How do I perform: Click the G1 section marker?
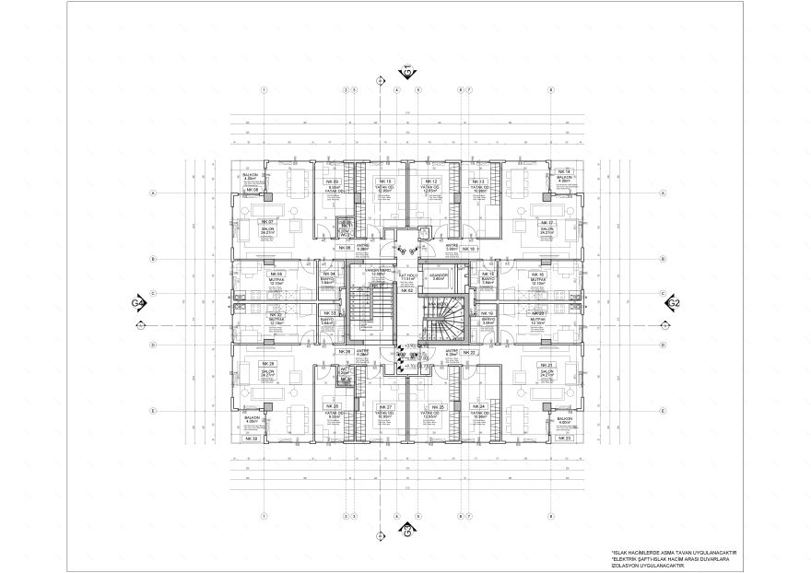406,71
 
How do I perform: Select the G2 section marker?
674,302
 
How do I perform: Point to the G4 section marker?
138,302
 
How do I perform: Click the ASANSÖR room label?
440,275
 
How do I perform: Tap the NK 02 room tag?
406,289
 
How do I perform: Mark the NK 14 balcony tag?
564,172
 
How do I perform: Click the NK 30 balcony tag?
250,439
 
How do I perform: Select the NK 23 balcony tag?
564,439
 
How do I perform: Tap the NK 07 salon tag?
266,223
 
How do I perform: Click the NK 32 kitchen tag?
275,314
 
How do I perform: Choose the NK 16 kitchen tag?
540,275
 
